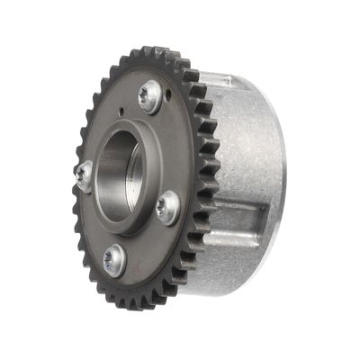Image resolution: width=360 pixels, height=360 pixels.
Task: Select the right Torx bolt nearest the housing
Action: [x=167, y=208]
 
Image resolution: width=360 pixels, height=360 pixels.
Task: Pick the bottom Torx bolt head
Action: [x=114, y=260]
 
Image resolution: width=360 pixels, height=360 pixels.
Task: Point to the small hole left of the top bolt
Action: [x=121, y=113]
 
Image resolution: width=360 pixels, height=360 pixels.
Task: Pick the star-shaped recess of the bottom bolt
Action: [x=113, y=261]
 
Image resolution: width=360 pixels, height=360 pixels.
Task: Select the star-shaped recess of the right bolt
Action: [x=166, y=208]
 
